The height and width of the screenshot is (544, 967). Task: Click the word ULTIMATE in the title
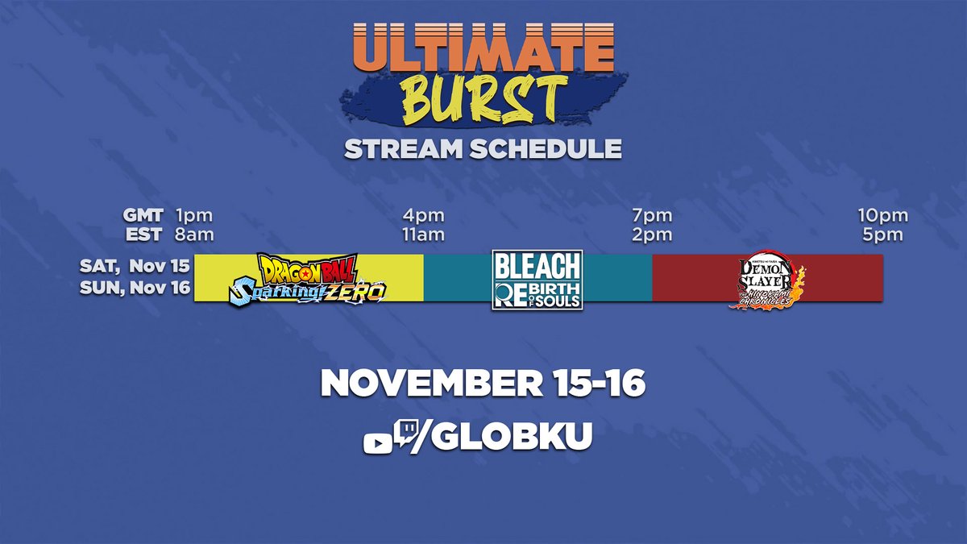point(482,49)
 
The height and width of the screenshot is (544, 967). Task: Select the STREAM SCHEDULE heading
point(482,149)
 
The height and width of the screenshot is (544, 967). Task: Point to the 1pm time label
point(193,216)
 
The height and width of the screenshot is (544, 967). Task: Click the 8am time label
point(193,235)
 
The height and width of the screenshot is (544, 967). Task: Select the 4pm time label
point(424,216)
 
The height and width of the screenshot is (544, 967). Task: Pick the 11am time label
point(424,235)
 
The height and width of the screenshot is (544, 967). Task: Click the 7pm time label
point(652,216)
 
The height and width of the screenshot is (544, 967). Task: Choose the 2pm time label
point(652,235)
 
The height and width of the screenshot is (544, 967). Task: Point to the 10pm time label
point(882,216)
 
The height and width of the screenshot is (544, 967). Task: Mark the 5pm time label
point(882,235)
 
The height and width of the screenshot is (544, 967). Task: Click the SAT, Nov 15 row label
point(135,266)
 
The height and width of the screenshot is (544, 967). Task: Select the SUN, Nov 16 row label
point(135,289)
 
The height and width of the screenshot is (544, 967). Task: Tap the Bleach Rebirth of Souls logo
point(537,279)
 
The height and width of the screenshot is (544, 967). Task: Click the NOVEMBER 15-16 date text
point(483,384)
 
